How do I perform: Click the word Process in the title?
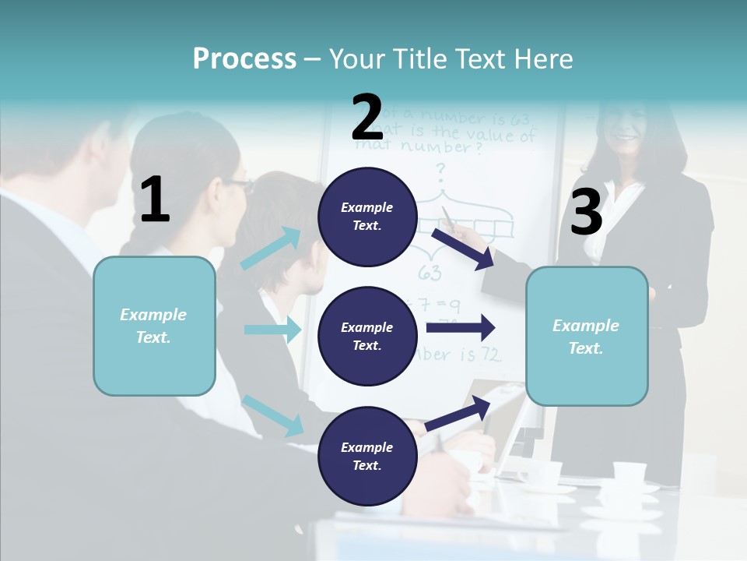coord(244,58)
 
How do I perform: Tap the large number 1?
coord(155,199)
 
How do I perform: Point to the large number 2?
coord(367,118)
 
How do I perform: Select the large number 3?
coord(586,213)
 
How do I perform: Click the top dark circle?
coord(366,217)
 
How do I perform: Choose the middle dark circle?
coord(366,337)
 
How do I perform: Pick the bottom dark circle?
coord(366,457)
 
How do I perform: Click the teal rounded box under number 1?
coord(154,326)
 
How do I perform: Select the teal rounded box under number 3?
coord(587,337)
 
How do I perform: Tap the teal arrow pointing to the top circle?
coord(272,249)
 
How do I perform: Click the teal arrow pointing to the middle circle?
coord(272,330)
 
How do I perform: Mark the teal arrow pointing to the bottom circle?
coord(273,415)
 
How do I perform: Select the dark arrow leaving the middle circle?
coord(461,327)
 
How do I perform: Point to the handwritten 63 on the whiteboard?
coord(430,273)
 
